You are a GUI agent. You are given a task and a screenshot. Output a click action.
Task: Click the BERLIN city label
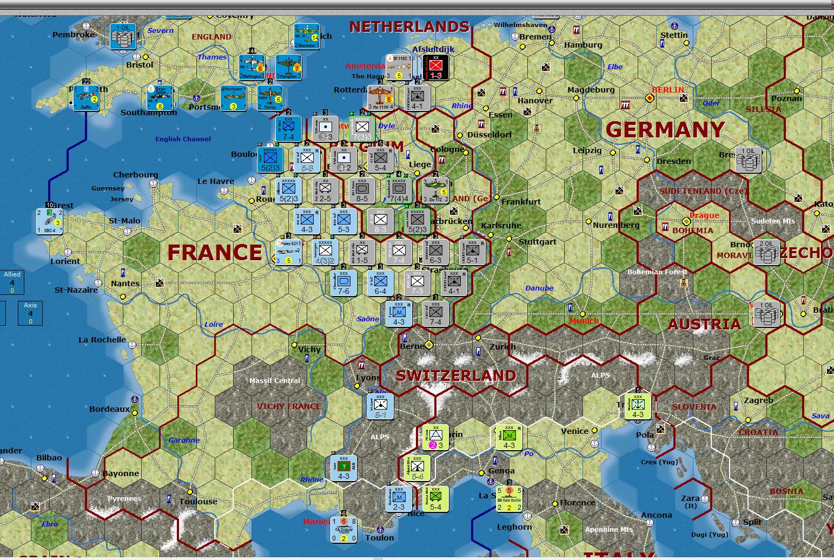(668, 90)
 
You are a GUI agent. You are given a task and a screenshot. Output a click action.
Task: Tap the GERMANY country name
(665, 130)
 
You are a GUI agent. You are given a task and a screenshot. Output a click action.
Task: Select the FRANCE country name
(215, 253)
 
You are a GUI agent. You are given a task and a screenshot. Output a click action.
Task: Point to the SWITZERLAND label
(456, 375)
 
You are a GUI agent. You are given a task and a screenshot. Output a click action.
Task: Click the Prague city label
(704, 215)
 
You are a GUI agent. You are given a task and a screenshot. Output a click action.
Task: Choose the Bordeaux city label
(109, 409)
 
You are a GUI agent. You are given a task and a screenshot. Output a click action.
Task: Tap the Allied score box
(12, 282)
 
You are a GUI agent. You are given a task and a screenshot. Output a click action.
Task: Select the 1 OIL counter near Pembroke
(123, 36)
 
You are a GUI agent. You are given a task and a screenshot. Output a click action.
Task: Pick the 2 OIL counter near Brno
(766, 252)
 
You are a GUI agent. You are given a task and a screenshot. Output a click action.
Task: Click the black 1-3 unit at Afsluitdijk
(435, 67)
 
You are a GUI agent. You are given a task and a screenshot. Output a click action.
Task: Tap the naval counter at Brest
(50, 221)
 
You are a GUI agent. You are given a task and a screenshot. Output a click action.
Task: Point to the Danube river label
(539, 288)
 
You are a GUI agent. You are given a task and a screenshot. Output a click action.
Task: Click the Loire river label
(214, 325)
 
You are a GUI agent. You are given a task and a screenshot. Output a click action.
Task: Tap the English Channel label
(183, 139)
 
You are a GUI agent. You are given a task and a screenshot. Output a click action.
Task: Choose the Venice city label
(574, 431)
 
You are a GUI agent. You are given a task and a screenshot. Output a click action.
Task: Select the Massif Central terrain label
(275, 381)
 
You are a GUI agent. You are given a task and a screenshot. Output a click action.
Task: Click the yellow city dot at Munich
(583, 314)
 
